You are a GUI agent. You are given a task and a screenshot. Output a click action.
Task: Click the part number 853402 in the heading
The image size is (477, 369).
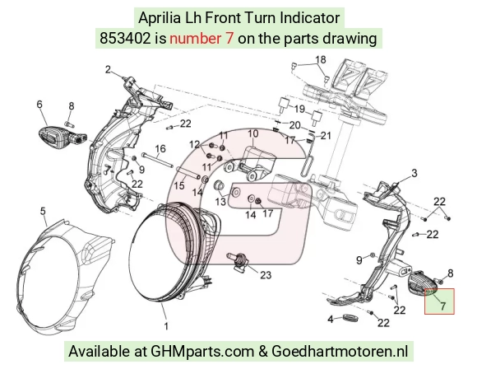125,39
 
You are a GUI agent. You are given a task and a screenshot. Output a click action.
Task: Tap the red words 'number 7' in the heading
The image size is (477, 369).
201,39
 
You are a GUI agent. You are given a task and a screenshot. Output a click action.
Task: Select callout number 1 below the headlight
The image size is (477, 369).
166,326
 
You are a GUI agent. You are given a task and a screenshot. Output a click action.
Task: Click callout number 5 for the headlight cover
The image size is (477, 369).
43,211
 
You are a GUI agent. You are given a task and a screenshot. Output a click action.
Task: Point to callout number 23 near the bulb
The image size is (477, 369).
266,275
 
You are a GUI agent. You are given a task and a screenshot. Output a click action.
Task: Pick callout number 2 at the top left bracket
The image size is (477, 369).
108,70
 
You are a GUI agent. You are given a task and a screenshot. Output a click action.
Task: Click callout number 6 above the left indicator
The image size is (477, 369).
39,105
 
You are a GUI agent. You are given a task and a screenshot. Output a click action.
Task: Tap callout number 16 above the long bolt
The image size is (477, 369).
160,149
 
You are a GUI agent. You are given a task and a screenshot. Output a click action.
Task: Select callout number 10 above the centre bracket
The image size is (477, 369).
253,133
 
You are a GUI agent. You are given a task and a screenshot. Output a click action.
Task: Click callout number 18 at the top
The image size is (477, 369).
321,60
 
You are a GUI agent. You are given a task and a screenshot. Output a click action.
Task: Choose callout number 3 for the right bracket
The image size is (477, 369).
414,173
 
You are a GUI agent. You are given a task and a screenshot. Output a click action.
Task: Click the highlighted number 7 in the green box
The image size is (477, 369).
443,306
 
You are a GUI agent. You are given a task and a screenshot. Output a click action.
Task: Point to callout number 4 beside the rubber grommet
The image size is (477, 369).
331,320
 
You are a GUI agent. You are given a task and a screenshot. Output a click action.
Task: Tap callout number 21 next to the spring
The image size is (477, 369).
326,135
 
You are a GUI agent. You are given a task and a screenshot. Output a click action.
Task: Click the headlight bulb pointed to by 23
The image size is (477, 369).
239,260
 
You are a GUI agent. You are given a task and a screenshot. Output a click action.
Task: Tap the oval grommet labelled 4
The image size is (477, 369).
350,317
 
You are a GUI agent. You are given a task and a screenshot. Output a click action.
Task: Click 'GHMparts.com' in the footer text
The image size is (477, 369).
202,352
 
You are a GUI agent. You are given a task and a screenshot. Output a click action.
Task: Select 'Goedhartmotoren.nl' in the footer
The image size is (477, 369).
340,352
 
